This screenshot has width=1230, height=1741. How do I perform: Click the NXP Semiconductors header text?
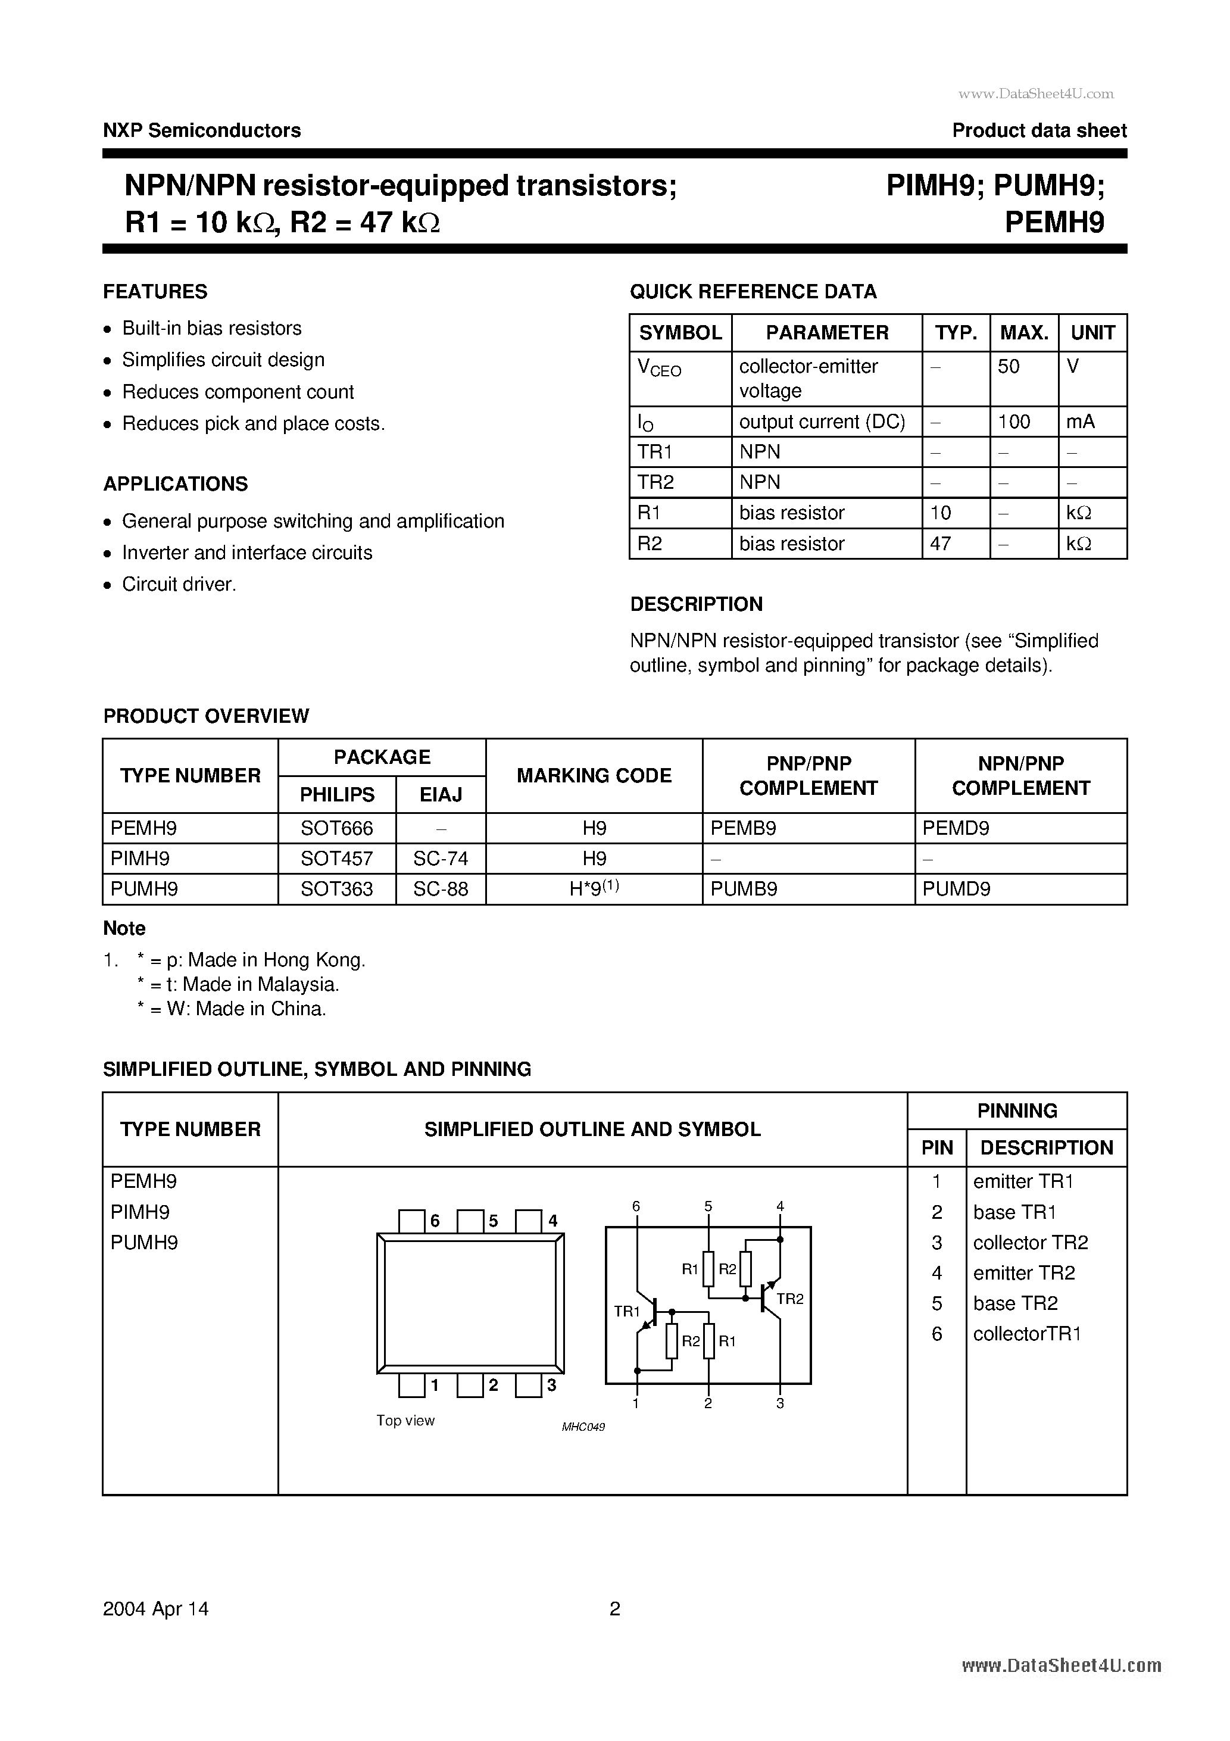[x=202, y=130]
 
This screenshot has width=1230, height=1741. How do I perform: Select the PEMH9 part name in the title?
[x=1054, y=222]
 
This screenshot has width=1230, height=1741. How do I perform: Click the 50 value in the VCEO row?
[x=1008, y=367]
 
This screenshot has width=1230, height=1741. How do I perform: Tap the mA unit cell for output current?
[x=1080, y=422]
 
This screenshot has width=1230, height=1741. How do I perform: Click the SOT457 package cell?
[x=337, y=859]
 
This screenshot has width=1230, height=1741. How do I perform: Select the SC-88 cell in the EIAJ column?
[x=441, y=889]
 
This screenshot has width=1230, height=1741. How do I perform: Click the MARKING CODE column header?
[x=594, y=776]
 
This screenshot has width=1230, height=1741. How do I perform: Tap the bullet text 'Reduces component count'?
[x=238, y=392]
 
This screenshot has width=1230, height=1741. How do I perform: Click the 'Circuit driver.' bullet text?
[x=179, y=585]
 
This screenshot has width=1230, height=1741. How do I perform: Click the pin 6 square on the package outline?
[x=412, y=1221]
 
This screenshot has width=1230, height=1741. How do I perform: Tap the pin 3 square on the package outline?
[x=528, y=1386]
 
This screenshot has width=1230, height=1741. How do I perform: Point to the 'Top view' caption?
[x=405, y=1420]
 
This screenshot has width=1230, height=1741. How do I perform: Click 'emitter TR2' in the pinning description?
[x=1024, y=1272]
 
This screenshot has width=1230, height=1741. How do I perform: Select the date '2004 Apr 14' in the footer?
[x=155, y=1608]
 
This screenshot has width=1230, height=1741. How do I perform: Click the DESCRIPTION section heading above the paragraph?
[x=696, y=604]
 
